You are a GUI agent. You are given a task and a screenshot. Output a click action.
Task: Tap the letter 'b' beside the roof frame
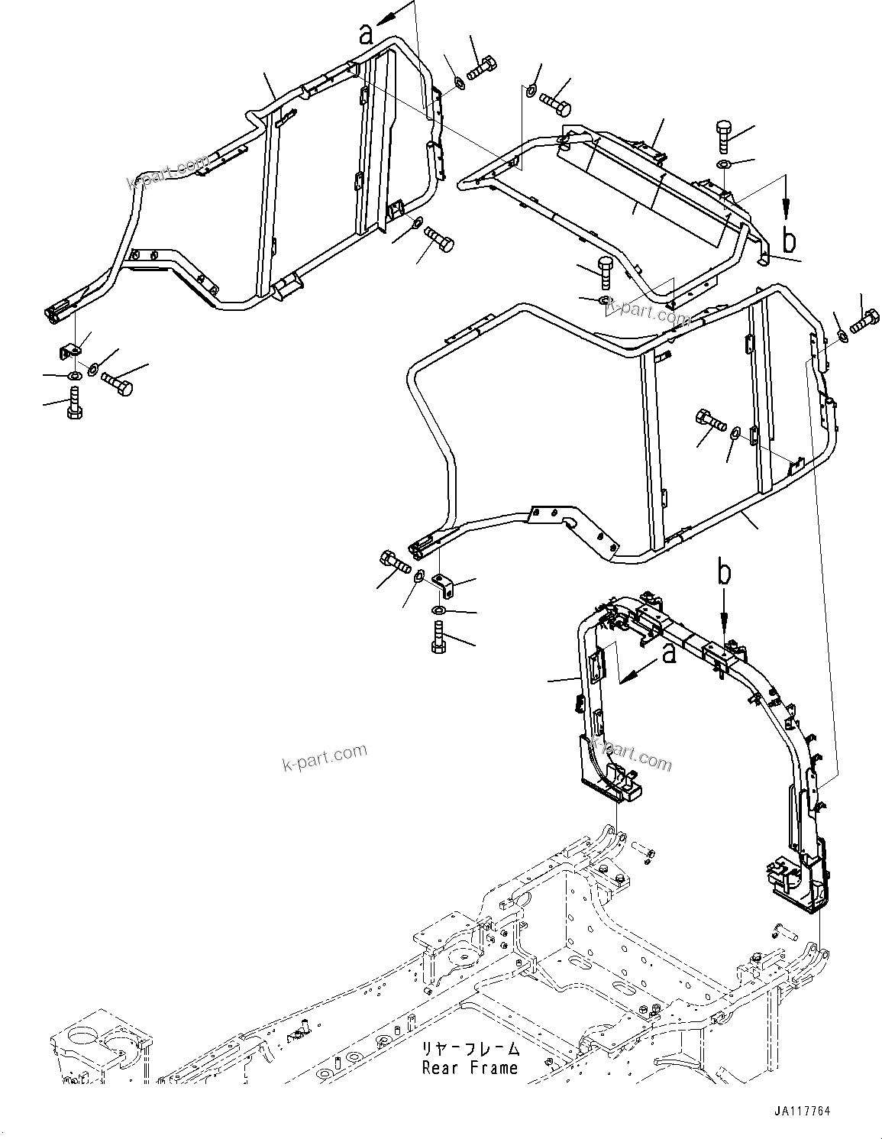(x=790, y=240)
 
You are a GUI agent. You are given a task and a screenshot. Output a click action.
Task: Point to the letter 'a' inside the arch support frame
(x=669, y=654)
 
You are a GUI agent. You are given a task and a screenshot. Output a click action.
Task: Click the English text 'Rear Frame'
(x=470, y=1068)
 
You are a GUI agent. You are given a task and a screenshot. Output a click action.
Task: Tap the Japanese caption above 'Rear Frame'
(x=470, y=1049)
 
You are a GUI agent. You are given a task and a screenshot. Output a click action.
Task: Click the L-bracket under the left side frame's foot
(x=71, y=351)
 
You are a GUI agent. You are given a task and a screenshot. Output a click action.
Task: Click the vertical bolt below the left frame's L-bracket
(x=73, y=403)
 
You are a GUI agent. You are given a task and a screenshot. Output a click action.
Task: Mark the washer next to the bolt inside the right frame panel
(x=735, y=433)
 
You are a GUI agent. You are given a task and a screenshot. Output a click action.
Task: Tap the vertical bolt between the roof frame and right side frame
(x=604, y=270)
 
